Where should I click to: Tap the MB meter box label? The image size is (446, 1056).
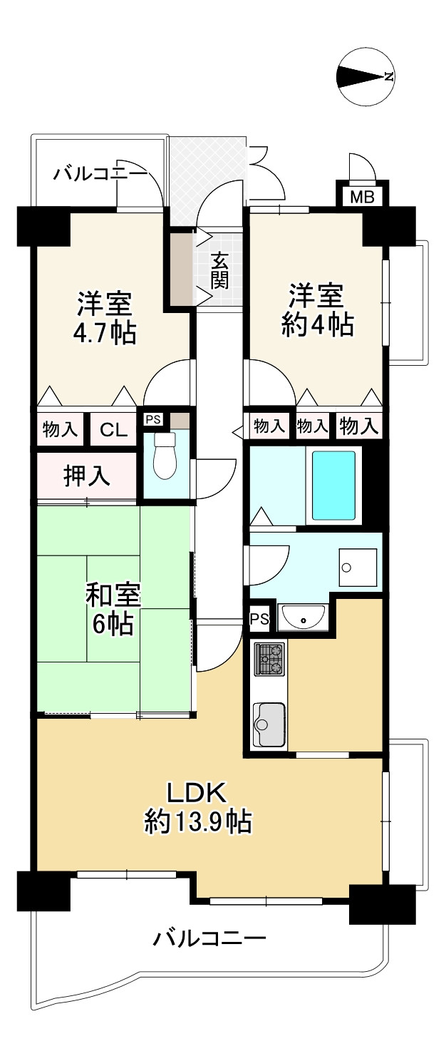click(361, 198)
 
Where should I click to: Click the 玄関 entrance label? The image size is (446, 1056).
click(219, 270)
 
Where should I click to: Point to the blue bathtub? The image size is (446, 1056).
click(333, 484)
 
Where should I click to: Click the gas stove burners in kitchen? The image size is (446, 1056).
click(270, 659)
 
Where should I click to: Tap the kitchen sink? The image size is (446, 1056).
click(269, 724)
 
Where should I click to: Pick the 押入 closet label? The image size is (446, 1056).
click(87, 476)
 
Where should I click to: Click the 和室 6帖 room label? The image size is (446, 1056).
click(113, 608)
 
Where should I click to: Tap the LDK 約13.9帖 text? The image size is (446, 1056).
click(197, 808)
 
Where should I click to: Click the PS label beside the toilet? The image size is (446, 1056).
click(153, 419)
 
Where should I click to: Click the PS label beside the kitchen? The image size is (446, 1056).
click(259, 618)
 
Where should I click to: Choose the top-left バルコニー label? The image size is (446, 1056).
click(100, 173)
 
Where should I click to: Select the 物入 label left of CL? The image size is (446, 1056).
click(60, 429)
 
